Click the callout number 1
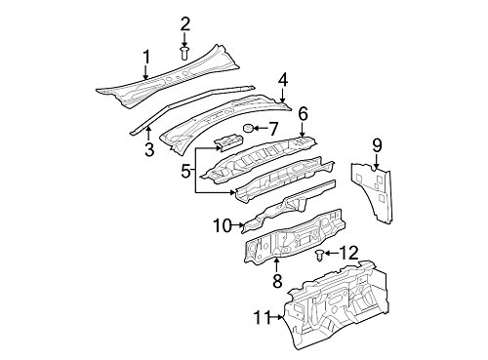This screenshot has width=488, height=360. point(146,58)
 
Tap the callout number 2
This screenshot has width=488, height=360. point(184,24)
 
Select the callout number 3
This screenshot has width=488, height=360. point(148,149)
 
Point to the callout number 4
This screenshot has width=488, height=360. point(283,80)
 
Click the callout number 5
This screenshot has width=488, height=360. point(185,171)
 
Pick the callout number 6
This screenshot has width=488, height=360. point(303,114)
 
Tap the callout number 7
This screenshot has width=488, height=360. point(272,129)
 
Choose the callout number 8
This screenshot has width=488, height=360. point(277,280)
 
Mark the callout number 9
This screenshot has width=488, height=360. point(377,145)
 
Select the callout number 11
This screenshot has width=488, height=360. point(263,317)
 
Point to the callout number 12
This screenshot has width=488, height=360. point(348,253)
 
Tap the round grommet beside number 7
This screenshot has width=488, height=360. point(249,129)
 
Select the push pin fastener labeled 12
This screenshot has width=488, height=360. point(319,256)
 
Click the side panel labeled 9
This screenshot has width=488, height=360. point(373,192)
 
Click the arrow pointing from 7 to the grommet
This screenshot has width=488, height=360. point(260,129)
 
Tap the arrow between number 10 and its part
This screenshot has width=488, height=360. point(238,225)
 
